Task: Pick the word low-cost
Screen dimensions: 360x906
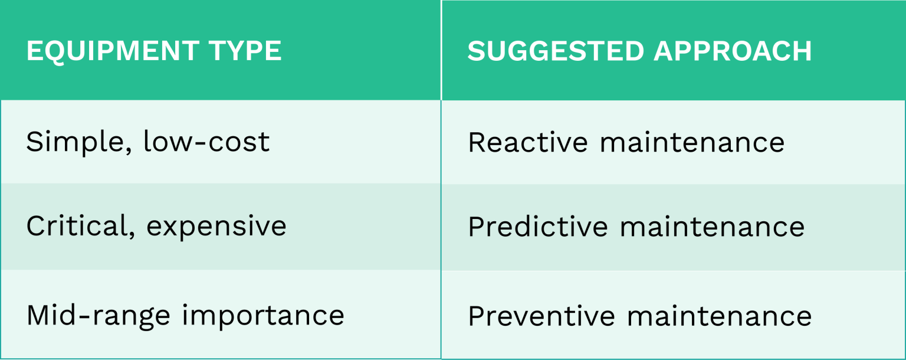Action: (x=206, y=142)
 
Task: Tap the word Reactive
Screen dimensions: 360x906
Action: (x=528, y=142)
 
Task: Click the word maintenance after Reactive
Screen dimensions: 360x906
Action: (x=692, y=142)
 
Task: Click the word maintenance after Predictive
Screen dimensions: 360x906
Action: (x=712, y=227)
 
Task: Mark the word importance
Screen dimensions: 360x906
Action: (x=262, y=316)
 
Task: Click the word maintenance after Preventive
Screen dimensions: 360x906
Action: (x=719, y=316)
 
